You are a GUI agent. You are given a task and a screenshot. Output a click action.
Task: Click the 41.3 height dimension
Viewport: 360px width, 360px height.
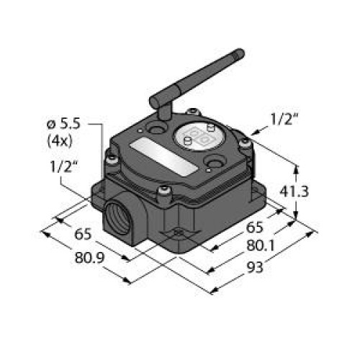pos(294,192)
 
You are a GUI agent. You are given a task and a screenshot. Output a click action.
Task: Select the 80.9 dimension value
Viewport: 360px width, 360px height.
pos(90,258)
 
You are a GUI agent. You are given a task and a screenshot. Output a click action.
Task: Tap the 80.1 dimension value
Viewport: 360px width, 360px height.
pos(261,246)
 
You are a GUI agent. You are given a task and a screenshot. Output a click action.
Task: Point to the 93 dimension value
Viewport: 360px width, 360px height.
pos(256,267)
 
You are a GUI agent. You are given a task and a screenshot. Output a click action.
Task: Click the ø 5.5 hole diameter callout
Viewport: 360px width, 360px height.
pos(63,125)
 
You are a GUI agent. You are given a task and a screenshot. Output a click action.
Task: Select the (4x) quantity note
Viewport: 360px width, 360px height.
pos(60,141)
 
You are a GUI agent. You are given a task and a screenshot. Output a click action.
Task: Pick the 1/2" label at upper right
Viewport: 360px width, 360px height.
pos(284,120)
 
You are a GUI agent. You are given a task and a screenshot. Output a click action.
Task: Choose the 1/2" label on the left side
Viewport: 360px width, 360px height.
pos(64,166)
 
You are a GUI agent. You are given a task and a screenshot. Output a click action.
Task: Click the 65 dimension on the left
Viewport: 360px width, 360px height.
pos(83,234)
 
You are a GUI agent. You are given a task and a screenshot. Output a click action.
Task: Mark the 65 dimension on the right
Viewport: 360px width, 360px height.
pos(255,227)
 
